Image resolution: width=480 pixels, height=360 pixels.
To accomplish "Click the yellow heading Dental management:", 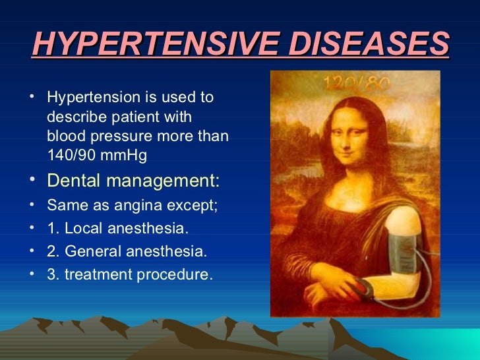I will point(134,180).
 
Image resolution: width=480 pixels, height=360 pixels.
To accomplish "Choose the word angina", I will point(138,205).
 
